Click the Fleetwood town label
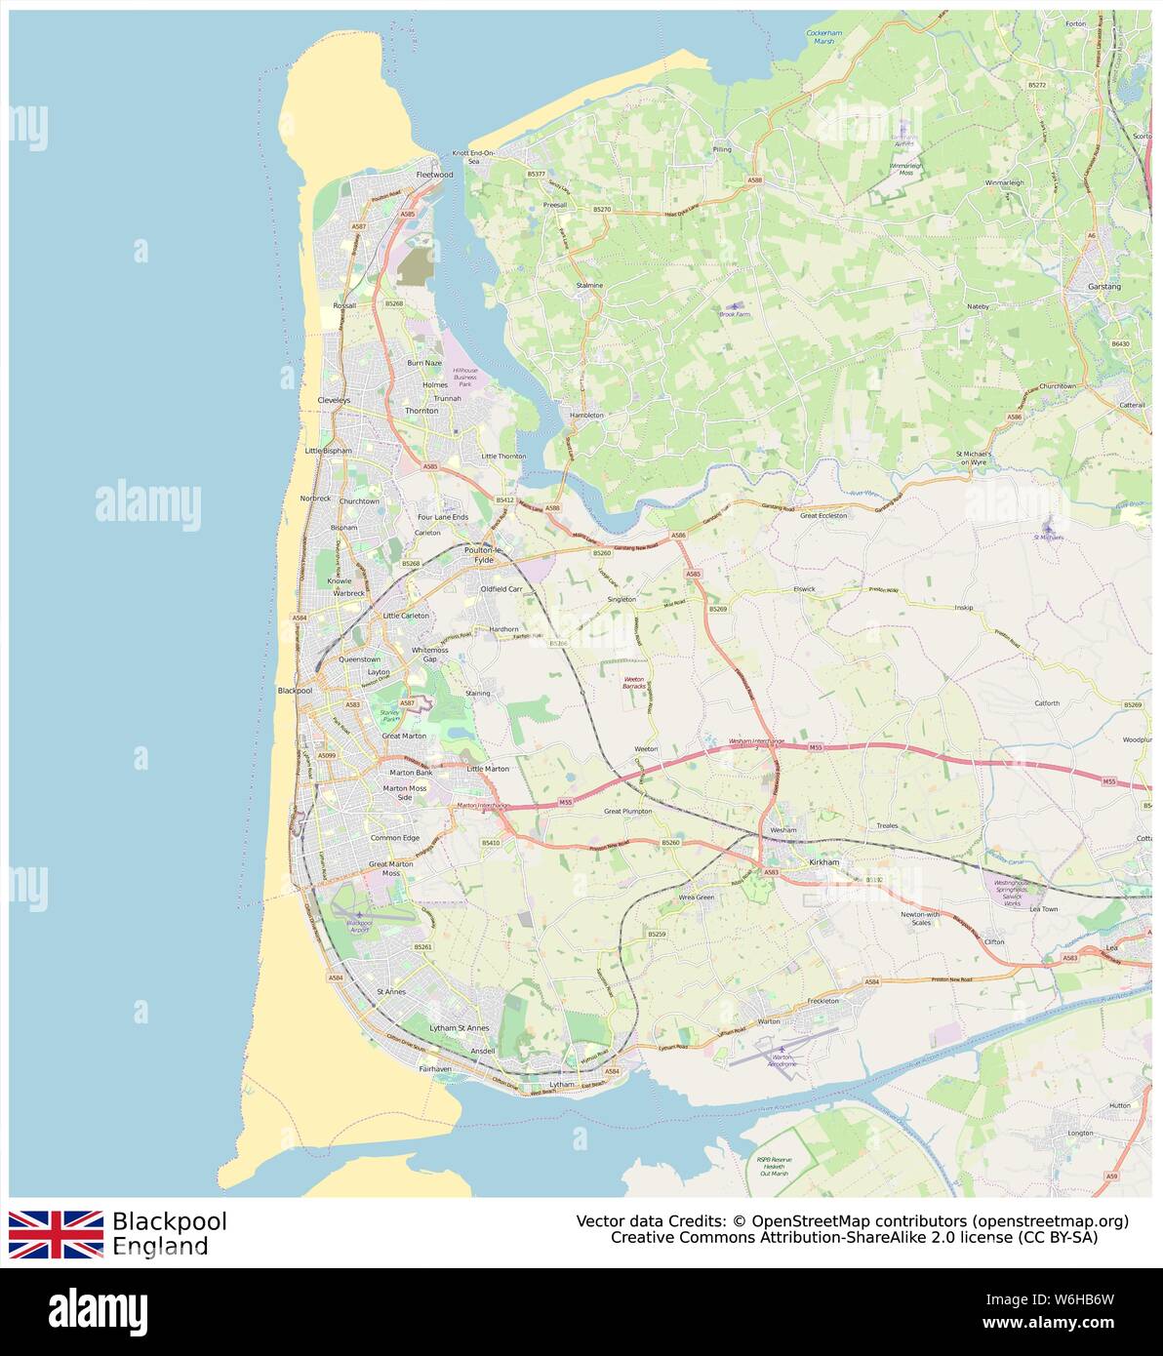point(434,175)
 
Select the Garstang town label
point(1104,287)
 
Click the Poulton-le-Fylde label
point(483,555)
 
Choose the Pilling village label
point(722,149)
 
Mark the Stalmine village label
point(589,285)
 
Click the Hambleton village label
point(586,415)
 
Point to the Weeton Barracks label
point(634,682)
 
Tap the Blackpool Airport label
point(359,926)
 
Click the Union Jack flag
point(56,1234)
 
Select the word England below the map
point(160,1246)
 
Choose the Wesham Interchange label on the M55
point(756,740)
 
